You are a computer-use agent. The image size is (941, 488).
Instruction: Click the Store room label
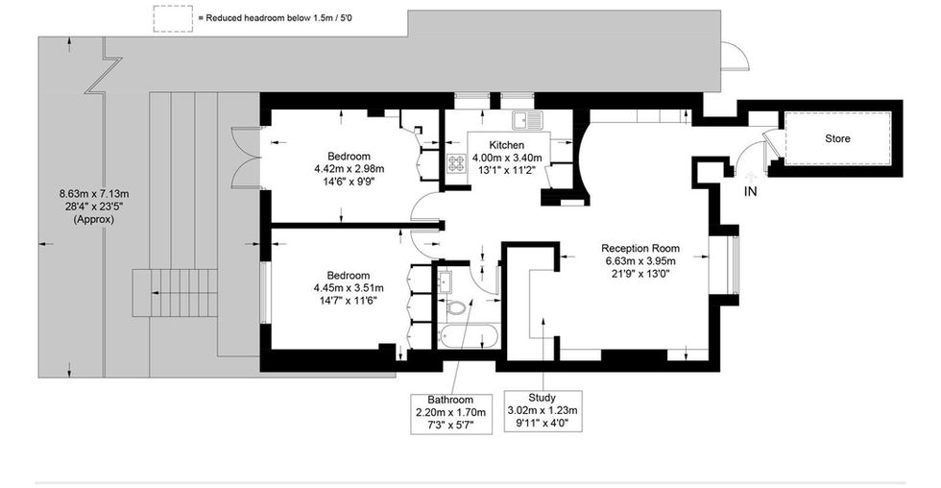(x=837, y=138)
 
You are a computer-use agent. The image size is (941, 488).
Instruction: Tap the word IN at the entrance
(x=750, y=191)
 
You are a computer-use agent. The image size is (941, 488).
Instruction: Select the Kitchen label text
(x=507, y=145)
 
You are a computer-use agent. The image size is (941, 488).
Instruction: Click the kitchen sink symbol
(x=527, y=121)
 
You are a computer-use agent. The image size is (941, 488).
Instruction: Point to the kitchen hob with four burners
(x=457, y=163)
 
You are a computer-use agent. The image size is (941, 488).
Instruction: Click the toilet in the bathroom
(x=457, y=308)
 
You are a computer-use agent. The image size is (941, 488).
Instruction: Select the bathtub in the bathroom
(x=469, y=336)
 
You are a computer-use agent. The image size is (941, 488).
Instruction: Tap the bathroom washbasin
(x=445, y=281)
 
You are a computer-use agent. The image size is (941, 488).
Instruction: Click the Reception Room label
(x=640, y=249)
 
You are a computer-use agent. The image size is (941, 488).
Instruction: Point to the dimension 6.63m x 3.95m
(x=640, y=261)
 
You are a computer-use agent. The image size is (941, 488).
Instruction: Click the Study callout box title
(x=542, y=398)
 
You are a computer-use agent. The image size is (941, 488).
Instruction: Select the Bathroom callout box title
(x=450, y=400)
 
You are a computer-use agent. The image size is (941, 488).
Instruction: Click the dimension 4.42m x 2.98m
(x=349, y=169)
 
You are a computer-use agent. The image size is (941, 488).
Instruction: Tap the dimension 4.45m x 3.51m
(x=349, y=288)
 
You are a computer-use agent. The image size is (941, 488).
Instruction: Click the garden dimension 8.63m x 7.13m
(x=94, y=194)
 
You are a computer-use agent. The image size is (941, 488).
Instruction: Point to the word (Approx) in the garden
(x=94, y=219)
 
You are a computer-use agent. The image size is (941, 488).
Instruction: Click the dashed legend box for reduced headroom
(x=173, y=18)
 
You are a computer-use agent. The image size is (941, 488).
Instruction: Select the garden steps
(x=175, y=293)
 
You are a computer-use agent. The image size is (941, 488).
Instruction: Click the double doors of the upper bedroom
(x=245, y=158)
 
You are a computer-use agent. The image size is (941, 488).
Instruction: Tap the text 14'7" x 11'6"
(x=349, y=301)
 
